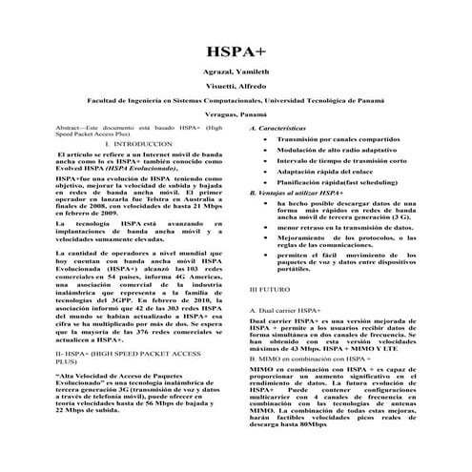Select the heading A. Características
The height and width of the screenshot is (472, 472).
(x=278, y=128)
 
